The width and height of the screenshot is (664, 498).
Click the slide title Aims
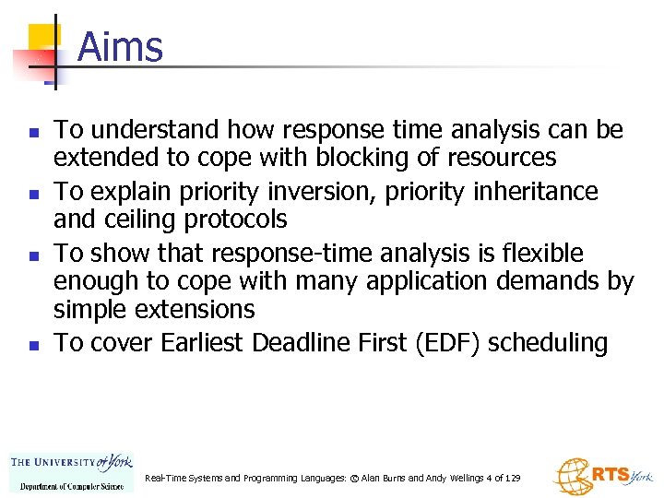pos(120,46)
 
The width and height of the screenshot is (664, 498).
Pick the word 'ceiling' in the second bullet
pos(139,219)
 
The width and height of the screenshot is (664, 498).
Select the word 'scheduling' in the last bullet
pos(548,343)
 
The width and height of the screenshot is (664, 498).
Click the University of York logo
pos(72,471)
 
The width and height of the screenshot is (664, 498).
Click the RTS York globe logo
pos(601,476)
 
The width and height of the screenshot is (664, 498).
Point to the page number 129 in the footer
pos(513,479)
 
